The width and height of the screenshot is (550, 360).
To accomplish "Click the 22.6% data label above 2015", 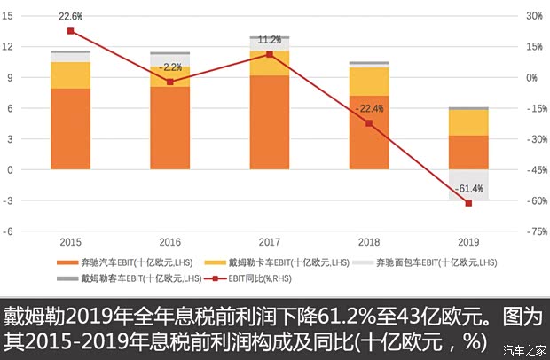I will point(70,16).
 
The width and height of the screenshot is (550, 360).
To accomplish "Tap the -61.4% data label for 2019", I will point(468,189).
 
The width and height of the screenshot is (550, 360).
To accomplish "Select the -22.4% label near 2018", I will point(369,109).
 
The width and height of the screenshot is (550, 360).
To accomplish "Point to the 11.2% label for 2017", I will point(270,40).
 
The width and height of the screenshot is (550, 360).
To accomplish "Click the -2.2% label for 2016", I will point(170,67).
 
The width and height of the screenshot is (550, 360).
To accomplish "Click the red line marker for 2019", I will point(468,203).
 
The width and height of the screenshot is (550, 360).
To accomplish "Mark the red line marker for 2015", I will point(70,31).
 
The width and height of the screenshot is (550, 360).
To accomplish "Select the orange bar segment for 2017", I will point(270,121).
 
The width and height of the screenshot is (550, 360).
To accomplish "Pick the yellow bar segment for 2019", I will point(468,122).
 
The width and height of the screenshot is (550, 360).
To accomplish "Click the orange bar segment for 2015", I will point(70,129).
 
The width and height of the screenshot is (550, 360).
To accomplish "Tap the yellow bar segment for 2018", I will point(369,82).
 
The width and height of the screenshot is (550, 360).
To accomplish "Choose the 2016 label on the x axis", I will point(170,241).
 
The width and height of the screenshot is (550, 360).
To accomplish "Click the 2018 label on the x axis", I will point(369,241).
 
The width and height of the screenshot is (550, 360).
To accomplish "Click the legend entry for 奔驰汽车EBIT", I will point(130,262).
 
